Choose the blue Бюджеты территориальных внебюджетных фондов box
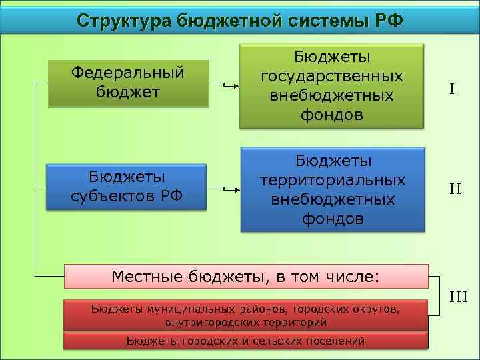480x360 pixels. point(333,190)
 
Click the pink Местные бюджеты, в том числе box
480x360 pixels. point(245,276)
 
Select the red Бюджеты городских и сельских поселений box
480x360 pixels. point(245,341)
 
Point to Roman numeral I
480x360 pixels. point(451,89)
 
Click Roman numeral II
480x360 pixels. point(455,188)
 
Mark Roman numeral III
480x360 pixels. point(458,296)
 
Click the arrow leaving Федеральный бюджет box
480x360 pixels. point(224,85)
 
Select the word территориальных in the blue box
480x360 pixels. point(332,181)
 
